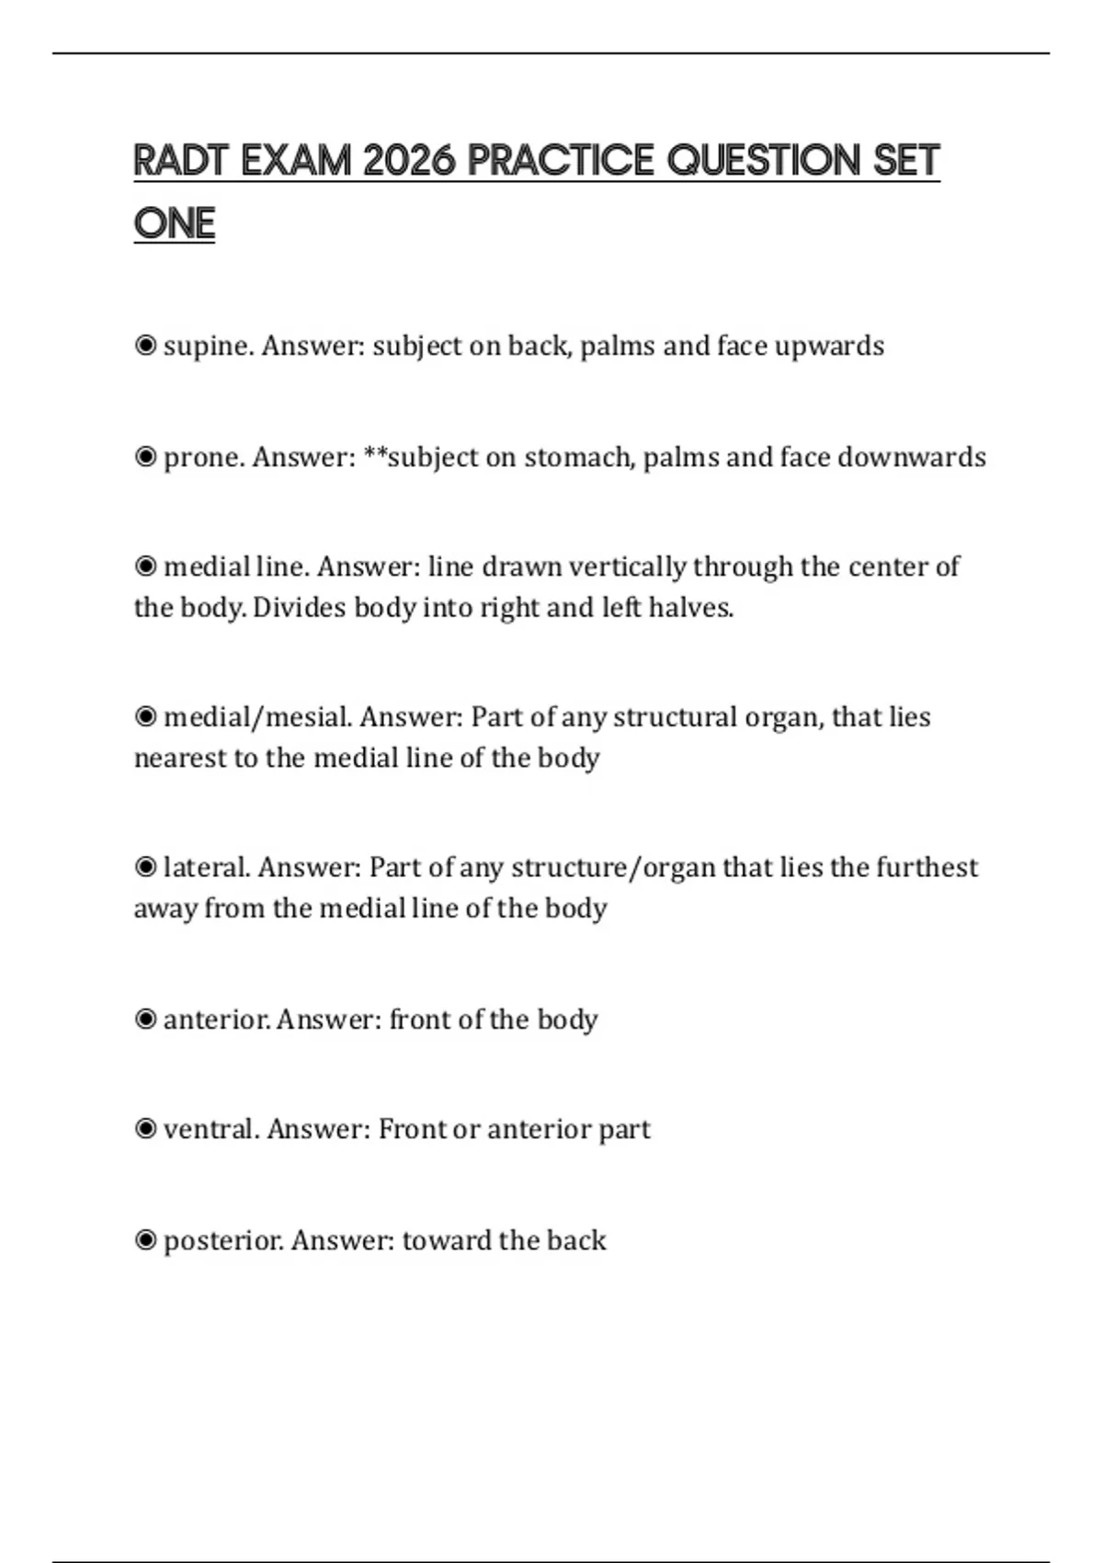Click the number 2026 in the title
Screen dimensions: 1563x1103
pyautogui.click(x=409, y=161)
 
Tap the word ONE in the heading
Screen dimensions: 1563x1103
pyautogui.click(x=174, y=223)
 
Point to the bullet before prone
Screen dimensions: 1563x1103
pyautogui.click(x=145, y=457)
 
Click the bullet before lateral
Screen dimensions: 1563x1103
pyautogui.click(x=145, y=867)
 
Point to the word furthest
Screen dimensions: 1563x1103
pyautogui.click(x=927, y=867)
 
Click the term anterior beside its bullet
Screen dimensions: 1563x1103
pyautogui.click(x=216, y=1020)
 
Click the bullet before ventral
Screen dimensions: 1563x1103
pyautogui.click(x=145, y=1129)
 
